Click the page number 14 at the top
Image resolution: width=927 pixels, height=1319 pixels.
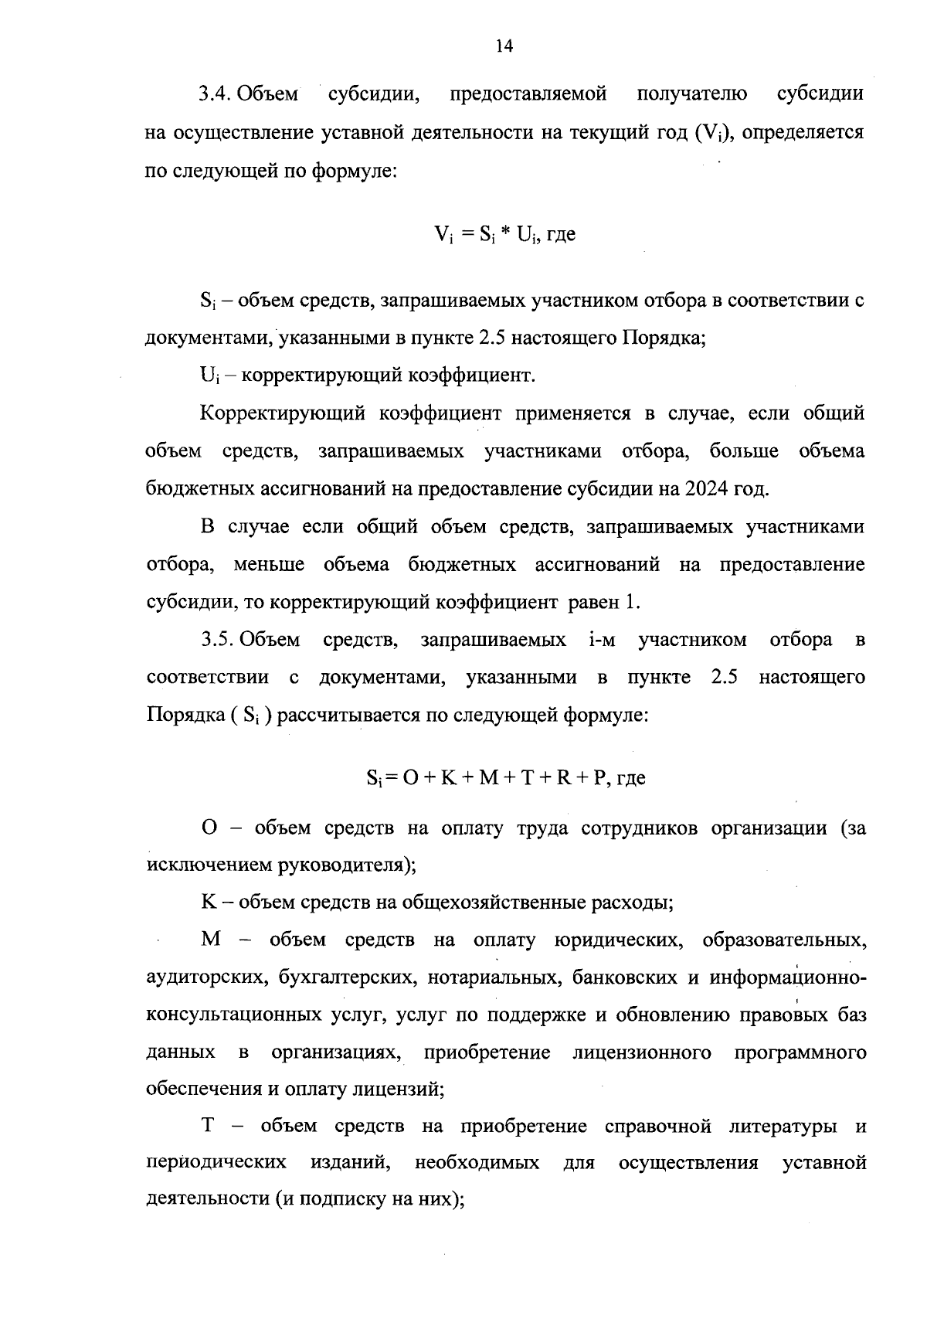[503, 47]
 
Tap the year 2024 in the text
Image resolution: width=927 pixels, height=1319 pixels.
[703, 489]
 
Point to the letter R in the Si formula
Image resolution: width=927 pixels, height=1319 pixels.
[562, 778]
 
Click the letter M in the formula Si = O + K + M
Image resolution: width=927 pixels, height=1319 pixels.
[488, 778]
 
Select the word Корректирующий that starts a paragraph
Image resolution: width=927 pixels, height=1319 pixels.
[283, 414]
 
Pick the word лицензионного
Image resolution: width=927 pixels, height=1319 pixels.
[643, 1053]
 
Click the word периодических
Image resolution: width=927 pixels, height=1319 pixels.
[217, 1163]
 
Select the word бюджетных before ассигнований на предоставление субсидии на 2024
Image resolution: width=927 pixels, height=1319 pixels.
[192, 489]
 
